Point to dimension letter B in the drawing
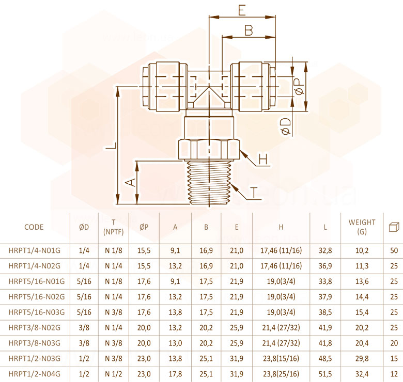[249, 30]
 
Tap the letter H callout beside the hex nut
[263, 159]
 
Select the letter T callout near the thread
[254, 192]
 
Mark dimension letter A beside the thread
[131, 182]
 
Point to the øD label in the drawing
[286, 126]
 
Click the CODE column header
[34, 227]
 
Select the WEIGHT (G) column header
[362, 227]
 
